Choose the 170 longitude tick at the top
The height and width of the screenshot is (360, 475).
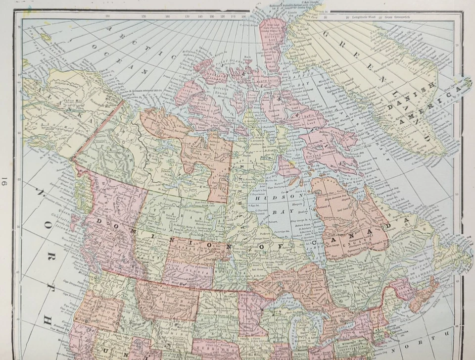(143, 17)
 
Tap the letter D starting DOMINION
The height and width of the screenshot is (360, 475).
(99, 220)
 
